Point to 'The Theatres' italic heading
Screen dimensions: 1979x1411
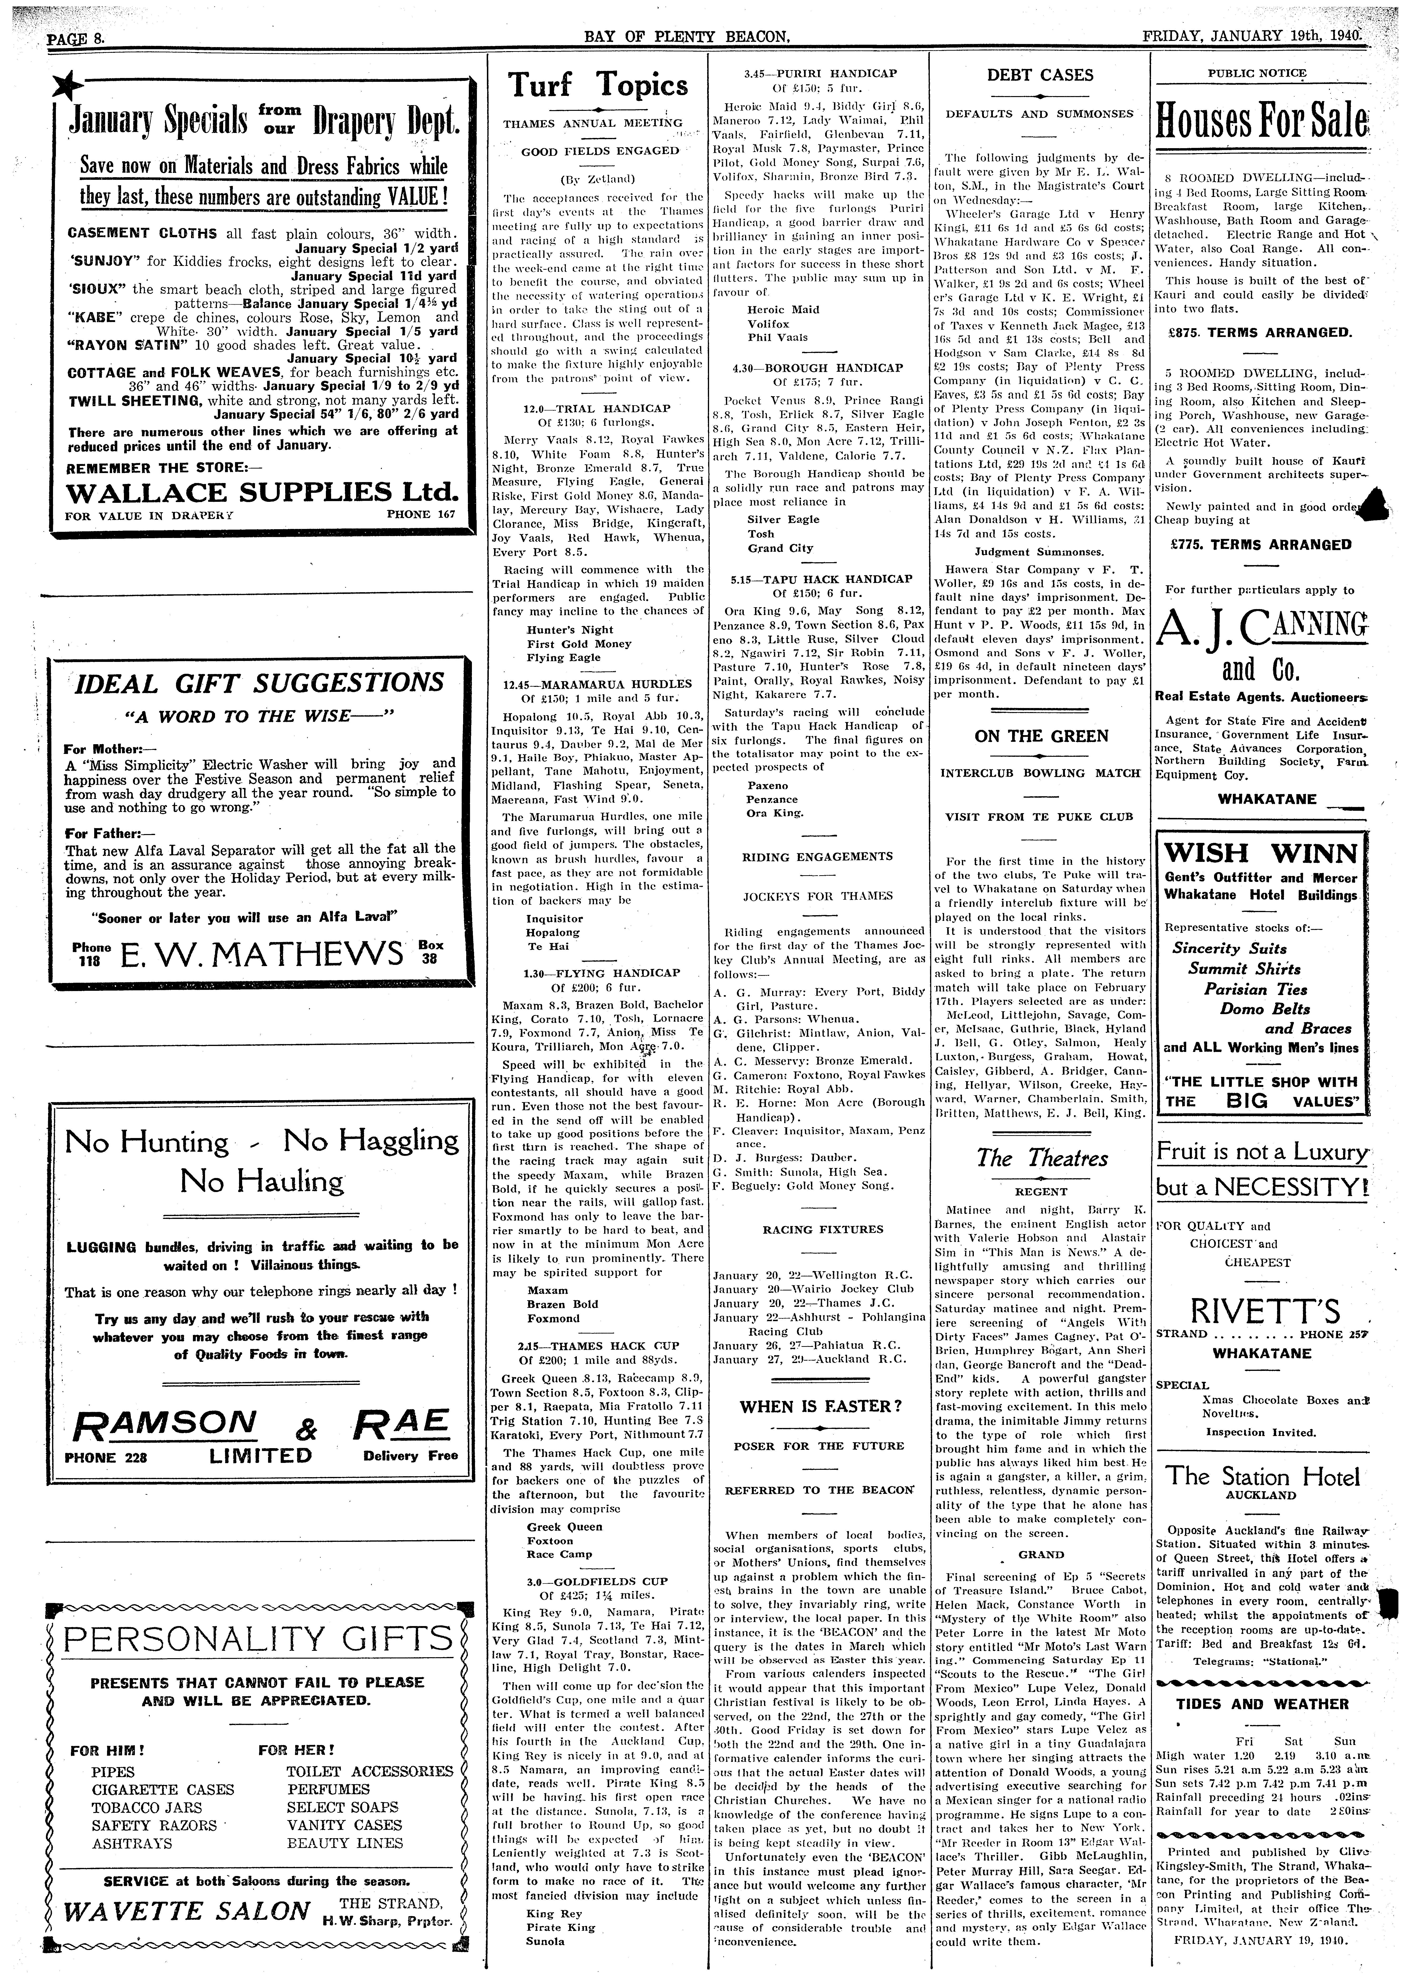click(1041, 1158)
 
